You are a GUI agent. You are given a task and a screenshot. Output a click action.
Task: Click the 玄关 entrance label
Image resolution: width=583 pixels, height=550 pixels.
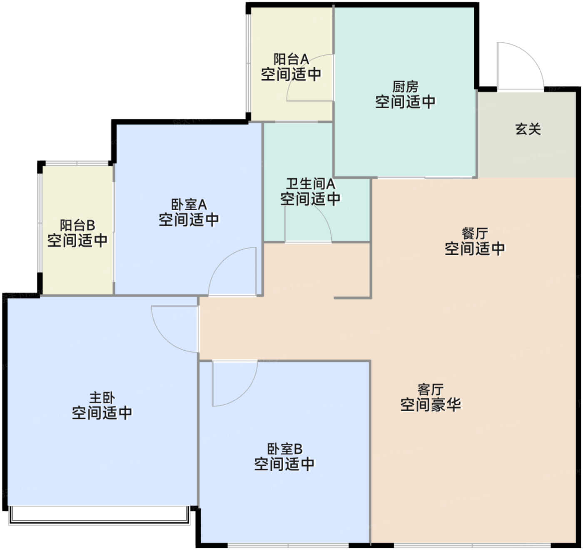[528, 129]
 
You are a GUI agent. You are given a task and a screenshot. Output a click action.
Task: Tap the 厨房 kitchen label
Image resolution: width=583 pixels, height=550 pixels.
[406, 87]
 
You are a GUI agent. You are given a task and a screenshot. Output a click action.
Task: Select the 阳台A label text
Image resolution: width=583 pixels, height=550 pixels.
[291, 59]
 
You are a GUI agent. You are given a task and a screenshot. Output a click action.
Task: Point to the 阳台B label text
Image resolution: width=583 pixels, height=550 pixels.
[77, 226]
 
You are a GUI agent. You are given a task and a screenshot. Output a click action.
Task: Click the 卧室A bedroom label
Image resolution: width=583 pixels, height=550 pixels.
[189, 205]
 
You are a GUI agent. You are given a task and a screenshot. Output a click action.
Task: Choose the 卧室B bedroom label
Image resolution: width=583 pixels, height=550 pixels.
[284, 449]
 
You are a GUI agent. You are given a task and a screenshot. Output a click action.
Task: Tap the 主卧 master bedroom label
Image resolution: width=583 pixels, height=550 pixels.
[102, 398]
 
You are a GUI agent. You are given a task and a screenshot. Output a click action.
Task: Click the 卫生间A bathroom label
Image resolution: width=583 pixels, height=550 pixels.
[311, 184]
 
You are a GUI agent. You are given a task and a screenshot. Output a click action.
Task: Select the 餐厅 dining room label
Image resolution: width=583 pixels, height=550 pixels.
[475, 234]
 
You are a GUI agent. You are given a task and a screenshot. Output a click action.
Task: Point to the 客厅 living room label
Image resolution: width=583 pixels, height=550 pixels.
[431, 390]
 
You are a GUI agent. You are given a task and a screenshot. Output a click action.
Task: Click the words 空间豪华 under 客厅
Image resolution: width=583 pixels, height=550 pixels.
[431, 405]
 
